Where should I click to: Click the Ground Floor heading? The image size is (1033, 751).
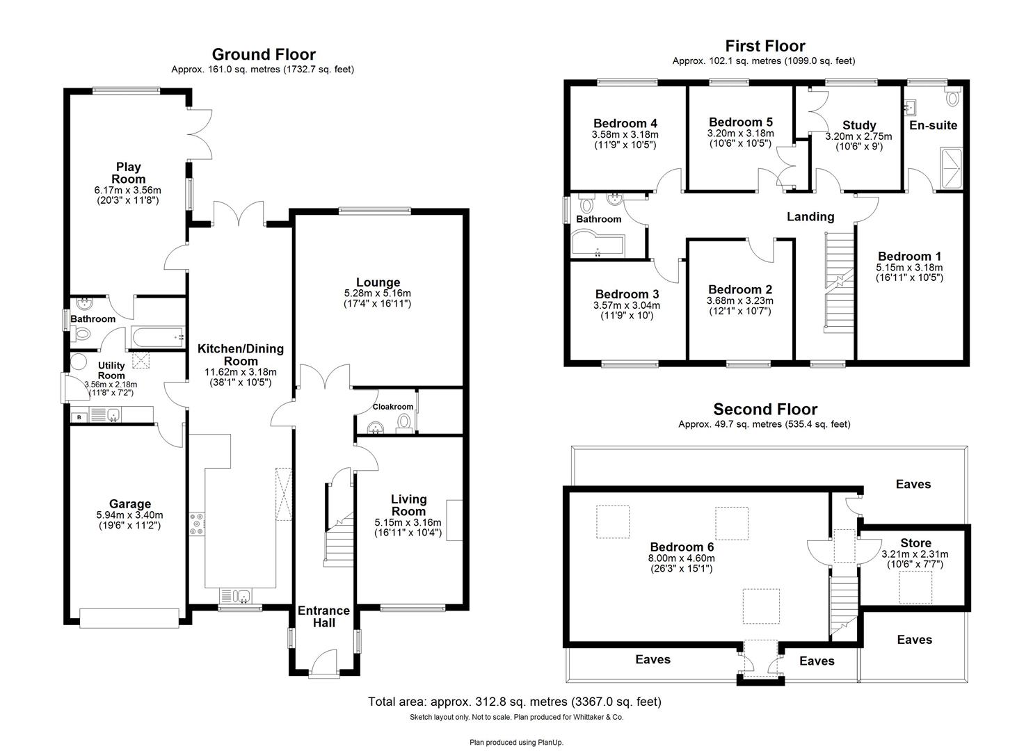(263, 54)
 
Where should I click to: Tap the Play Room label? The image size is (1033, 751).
(128, 172)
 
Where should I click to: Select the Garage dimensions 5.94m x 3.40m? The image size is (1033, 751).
(129, 516)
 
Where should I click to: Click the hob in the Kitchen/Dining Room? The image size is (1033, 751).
(197, 524)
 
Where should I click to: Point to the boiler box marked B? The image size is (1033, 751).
(79, 417)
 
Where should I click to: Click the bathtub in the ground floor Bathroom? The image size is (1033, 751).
(156, 338)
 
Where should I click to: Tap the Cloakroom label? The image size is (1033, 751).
(392, 407)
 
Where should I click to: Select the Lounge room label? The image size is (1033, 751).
(378, 282)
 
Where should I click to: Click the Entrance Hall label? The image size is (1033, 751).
(323, 617)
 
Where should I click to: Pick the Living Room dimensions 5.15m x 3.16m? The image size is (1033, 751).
(408, 523)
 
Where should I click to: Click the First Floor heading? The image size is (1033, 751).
(764, 46)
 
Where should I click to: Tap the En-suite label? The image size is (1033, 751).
(933, 125)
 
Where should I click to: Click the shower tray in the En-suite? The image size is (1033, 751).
(951, 168)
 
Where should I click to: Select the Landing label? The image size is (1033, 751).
(810, 217)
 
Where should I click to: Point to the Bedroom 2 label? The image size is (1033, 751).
(739, 289)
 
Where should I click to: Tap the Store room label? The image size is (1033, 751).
(915, 543)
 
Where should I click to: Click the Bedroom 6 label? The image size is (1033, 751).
(681, 547)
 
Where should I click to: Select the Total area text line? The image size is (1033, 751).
(514, 702)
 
